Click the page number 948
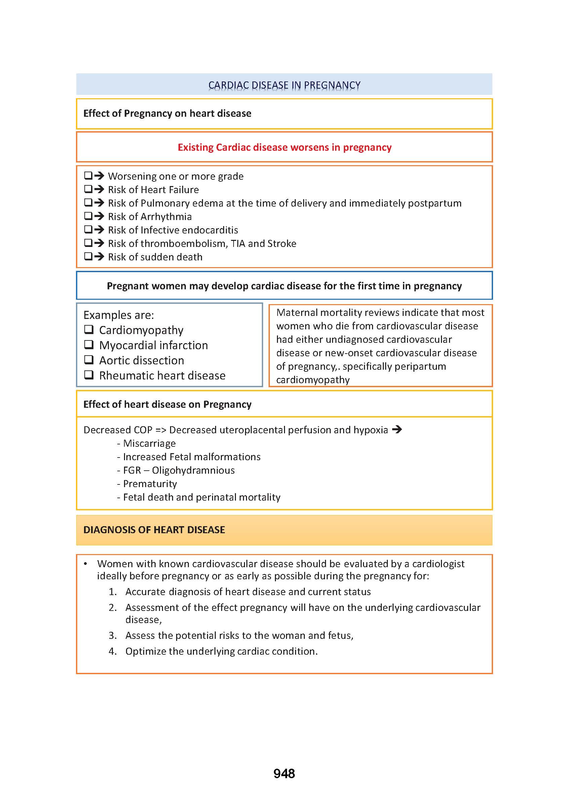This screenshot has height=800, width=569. point(284,773)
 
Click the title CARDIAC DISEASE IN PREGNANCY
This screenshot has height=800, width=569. point(284,85)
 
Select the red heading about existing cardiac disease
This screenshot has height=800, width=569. point(284,147)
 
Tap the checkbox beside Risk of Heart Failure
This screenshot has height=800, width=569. point(88,189)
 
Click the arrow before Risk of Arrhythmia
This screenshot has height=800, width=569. point(99,216)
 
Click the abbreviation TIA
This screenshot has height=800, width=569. point(238,244)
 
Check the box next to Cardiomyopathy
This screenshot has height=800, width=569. point(89,330)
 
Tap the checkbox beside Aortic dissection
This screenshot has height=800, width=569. point(89,360)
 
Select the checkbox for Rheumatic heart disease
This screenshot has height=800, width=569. point(89,375)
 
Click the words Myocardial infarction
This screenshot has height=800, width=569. point(154,346)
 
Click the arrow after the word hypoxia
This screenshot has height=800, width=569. point(397,429)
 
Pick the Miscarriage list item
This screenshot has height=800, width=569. point(149,444)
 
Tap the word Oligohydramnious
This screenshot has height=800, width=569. point(193,470)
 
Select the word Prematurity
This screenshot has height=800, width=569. point(150,484)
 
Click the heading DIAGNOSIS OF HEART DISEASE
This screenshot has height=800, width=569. point(154,530)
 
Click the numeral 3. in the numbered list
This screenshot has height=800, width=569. point(113,635)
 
